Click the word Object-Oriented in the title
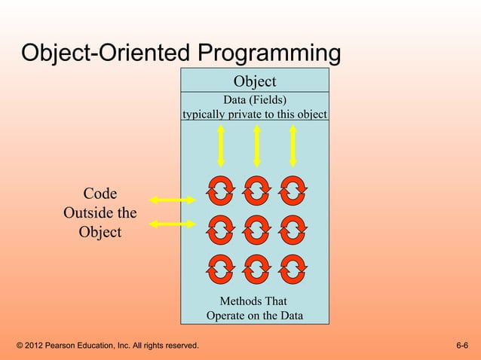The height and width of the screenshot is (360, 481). tap(106, 54)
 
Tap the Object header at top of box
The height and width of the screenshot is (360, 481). tap(254, 81)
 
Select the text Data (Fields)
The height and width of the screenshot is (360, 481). tap(255, 100)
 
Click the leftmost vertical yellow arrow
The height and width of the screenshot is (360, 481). tap(221, 145)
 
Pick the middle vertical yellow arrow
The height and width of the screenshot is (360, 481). tap(257, 145)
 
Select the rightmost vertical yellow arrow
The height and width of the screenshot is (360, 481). tap(293, 145)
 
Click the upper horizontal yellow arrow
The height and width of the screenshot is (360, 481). tap(173, 200)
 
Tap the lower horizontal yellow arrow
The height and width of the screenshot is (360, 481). tap(173, 224)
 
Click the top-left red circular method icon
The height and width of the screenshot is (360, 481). tap(221, 190)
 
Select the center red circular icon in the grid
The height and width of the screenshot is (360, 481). tap(257, 229)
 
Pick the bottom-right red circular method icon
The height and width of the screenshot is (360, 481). tap(293, 268)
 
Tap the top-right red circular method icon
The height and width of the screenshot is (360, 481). tap(293, 190)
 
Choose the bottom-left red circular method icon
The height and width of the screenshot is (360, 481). tap(221, 268)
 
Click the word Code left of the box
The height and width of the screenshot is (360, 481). tap(100, 194)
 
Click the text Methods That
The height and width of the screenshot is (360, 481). tap(253, 301)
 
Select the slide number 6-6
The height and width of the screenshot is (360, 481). tap(462, 346)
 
